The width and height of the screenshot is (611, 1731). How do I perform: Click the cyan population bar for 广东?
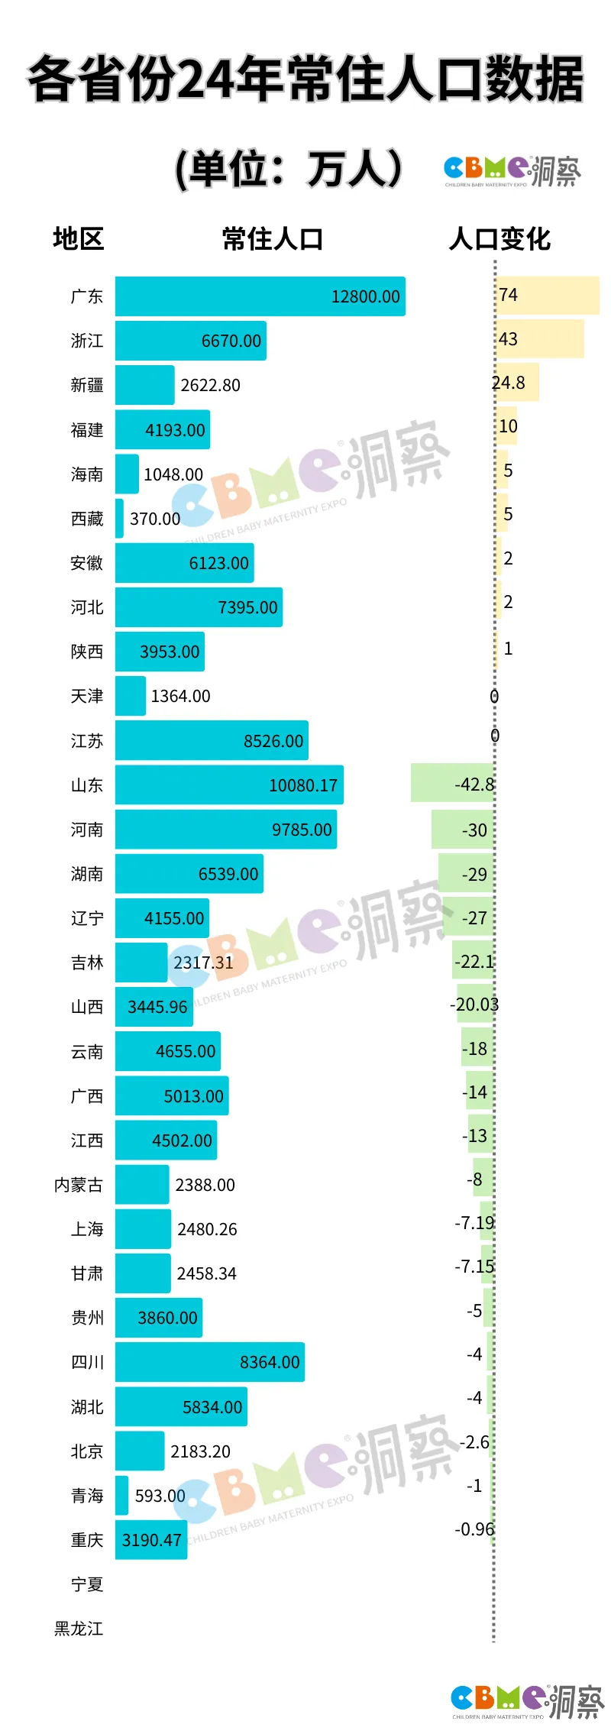pyautogui.click(x=260, y=296)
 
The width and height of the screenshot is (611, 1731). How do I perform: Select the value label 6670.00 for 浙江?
pyautogui.click(x=231, y=341)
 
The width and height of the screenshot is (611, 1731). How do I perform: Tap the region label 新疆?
pyautogui.click(x=86, y=385)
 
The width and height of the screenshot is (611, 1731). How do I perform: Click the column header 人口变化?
pyautogui.click(x=499, y=239)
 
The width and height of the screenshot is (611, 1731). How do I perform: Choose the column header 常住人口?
pyautogui.click(x=273, y=239)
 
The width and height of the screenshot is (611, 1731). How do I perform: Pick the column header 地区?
pyautogui.click(x=78, y=239)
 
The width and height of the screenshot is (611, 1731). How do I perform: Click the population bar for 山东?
pyautogui.click(x=229, y=785)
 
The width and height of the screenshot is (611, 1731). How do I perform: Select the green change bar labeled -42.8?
pyautogui.click(x=452, y=784)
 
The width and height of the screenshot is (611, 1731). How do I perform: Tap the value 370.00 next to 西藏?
pyautogui.click(x=155, y=519)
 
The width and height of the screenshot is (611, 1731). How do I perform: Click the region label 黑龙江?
pyautogui.click(x=79, y=1629)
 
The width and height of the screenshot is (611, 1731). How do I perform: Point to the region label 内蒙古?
pyautogui.click(x=79, y=1185)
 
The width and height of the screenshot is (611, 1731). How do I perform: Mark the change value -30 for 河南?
pyautogui.click(x=474, y=830)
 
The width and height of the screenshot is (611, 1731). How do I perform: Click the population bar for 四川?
pyautogui.click(x=209, y=1362)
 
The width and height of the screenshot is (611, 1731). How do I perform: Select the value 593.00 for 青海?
pyautogui.click(x=160, y=1496)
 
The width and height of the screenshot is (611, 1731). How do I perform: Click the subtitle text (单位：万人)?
pyautogui.click(x=289, y=170)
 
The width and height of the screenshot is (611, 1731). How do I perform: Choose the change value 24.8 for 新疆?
pyautogui.click(x=509, y=383)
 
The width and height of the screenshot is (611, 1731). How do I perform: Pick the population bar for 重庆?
pyautogui.click(x=151, y=1540)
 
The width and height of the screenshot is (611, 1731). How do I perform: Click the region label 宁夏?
pyautogui.click(x=86, y=1584)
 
